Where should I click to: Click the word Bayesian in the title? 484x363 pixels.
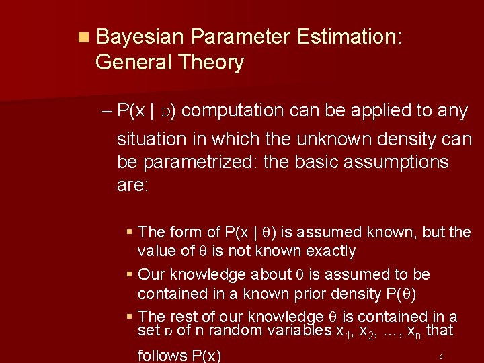(140, 37)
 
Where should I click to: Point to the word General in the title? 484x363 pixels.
(134, 63)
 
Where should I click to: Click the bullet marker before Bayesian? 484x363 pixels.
(82, 38)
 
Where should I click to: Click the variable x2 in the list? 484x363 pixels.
(365, 331)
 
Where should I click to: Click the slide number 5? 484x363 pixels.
(441, 356)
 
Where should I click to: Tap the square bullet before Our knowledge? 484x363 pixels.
(129, 275)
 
